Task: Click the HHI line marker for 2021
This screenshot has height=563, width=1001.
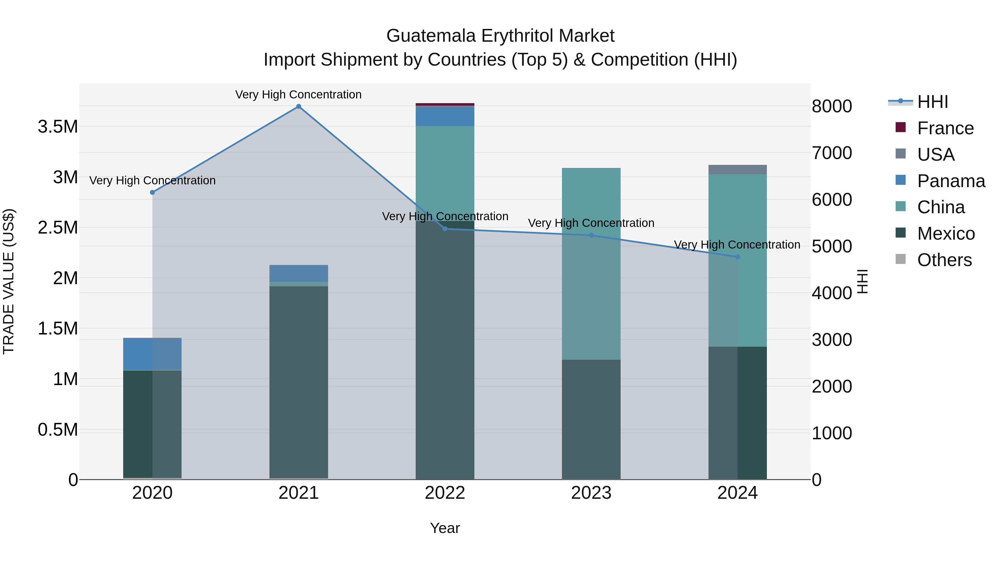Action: click(x=298, y=106)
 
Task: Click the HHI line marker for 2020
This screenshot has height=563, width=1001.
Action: click(x=152, y=192)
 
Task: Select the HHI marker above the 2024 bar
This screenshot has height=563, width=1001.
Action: click(x=737, y=257)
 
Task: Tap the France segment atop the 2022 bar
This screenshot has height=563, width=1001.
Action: click(x=445, y=105)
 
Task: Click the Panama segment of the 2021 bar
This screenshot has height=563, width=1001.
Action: click(x=298, y=273)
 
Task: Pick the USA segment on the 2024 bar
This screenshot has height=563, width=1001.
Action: click(x=737, y=169)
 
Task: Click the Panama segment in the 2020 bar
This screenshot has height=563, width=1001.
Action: click(x=152, y=354)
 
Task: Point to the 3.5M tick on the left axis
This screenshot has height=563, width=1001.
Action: click(x=58, y=127)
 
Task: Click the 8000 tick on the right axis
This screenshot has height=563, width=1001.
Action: click(x=832, y=106)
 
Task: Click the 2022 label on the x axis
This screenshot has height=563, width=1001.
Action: click(x=445, y=493)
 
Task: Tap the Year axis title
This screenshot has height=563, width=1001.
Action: click(x=445, y=528)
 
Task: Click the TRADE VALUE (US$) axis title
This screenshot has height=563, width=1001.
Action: click(x=9, y=281)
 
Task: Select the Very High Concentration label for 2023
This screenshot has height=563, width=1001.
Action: click(x=591, y=223)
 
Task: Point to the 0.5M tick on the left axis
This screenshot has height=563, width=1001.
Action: click(x=58, y=430)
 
